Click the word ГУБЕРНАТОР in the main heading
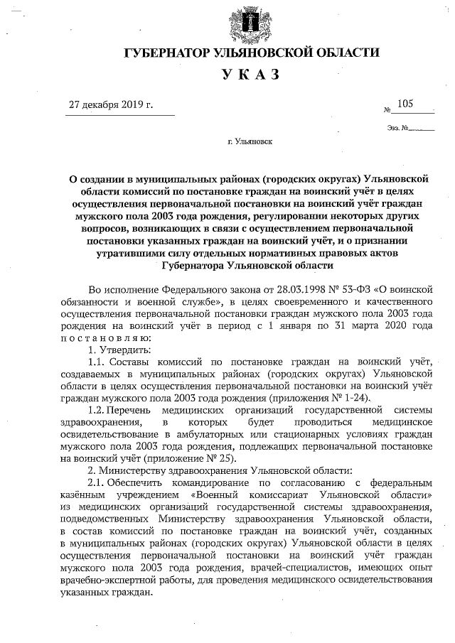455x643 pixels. tap(169, 53)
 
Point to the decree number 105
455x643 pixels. tap(406, 104)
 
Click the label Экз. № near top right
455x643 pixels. tap(398, 129)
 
